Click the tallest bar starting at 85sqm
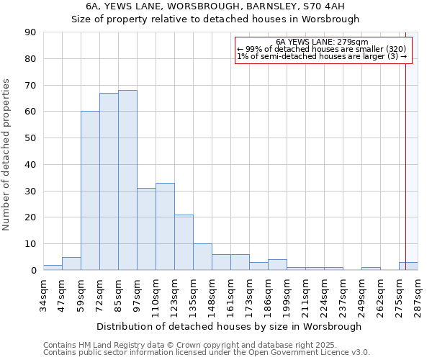127,180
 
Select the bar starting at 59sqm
90,191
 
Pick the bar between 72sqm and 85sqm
109,181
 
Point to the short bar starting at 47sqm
71,264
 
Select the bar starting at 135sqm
202,257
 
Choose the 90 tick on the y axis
30,32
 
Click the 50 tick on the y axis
30,138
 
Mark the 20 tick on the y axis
30,217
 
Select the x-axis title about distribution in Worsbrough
229,326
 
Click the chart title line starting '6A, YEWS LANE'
215,6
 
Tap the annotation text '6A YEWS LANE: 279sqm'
322,42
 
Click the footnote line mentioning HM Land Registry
206,345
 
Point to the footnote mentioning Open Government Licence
206,353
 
